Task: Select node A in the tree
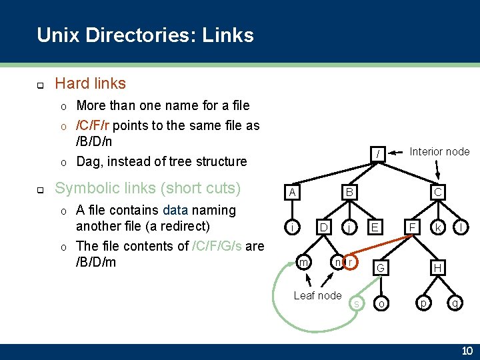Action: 291,193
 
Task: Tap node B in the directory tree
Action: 347,193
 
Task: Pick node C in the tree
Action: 438,193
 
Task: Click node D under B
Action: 323,227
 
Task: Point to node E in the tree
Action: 376,227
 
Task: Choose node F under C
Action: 413,227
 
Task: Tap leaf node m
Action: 303,263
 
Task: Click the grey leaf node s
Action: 357,304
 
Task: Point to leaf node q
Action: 455,303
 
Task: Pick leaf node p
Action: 421,303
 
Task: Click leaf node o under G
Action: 381,303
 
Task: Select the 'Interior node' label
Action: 439,151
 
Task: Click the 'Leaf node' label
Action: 317,295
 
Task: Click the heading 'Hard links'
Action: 90,83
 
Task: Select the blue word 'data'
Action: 175,210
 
